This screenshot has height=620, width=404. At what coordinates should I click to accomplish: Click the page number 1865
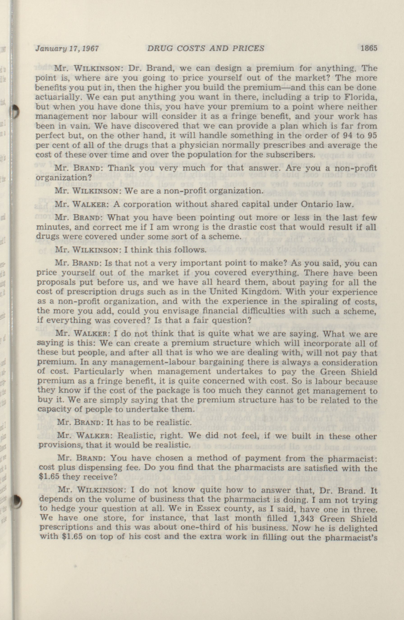click(369, 48)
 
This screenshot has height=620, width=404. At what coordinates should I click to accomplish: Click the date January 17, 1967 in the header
click(67, 49)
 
